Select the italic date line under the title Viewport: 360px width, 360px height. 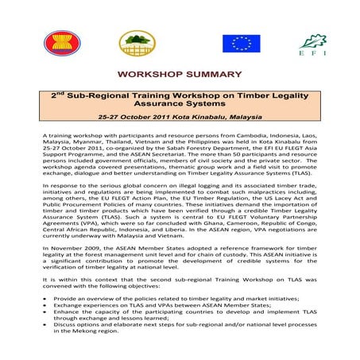point(180,118)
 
